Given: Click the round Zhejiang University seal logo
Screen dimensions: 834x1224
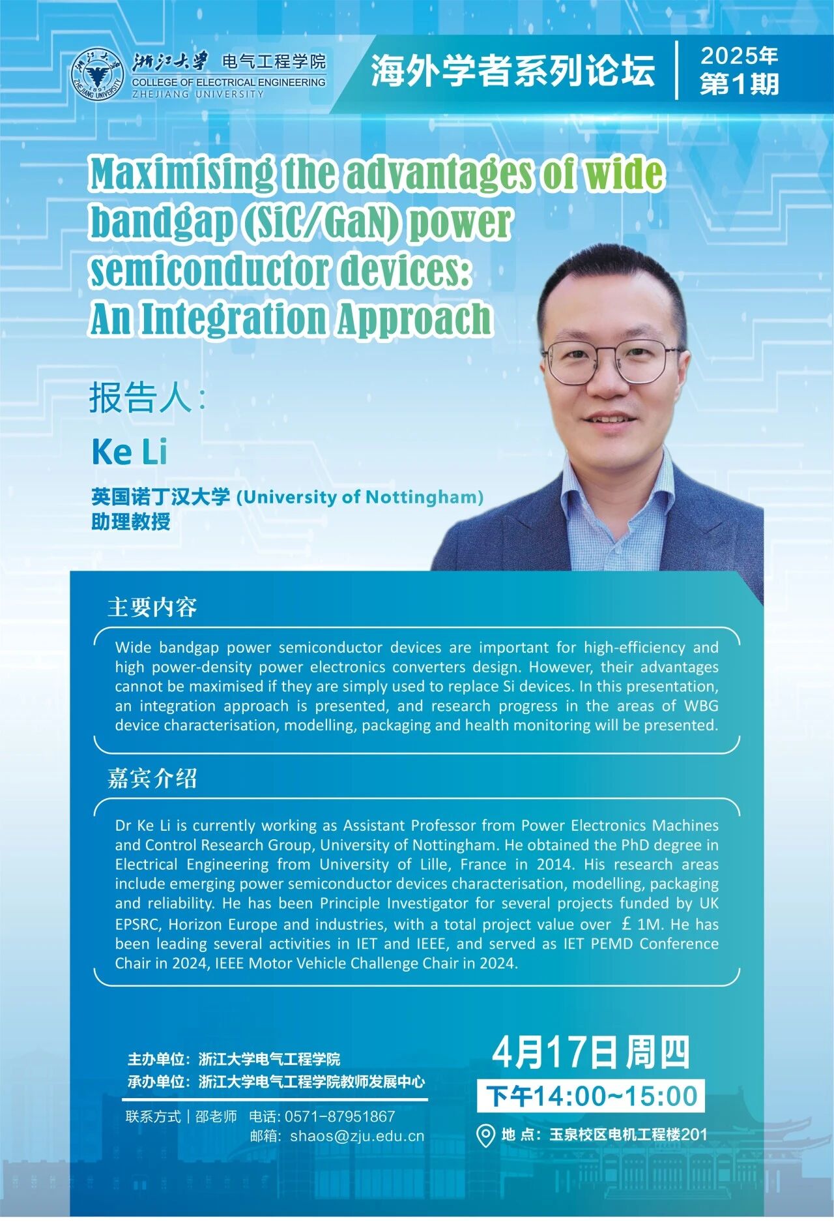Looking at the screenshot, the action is pos(97,74).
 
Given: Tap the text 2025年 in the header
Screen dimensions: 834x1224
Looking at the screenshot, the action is pos(740,56).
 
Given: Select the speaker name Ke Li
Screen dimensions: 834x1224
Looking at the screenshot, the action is pos(130,452).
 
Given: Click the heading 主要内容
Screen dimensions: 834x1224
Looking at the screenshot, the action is pos(152,607).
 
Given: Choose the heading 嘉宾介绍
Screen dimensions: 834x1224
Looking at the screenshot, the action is pos(152,778).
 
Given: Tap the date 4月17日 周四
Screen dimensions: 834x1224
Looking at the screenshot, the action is pos(590,1052).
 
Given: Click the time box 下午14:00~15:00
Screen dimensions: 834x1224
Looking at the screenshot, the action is pos(590,1096).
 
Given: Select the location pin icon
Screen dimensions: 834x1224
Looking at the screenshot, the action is pos(485,1135).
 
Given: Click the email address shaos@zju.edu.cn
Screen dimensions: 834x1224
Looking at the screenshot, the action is pos(357,1136).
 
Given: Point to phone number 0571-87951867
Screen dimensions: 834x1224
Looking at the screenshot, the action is pos(340,1116).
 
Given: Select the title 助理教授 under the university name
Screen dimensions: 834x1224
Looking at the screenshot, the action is pos(131,522).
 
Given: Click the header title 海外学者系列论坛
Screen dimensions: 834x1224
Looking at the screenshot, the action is pos(513,70).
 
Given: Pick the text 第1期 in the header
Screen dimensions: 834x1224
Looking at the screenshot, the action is pos(740,84).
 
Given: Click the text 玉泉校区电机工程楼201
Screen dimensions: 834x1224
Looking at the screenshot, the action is pos(628,1135).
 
